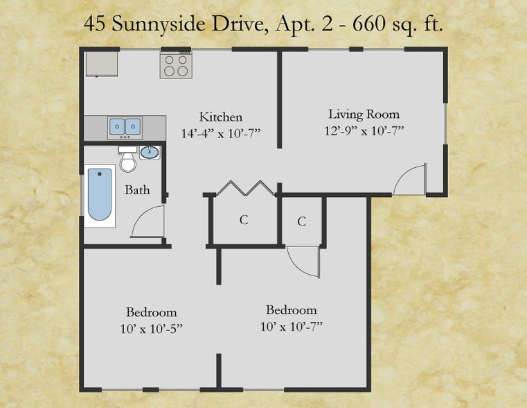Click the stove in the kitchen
pyautogui.click(x=176, y=65)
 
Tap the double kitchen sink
pyautogui.click(x=125, y=127)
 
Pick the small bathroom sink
pyautogui.click(x=149, y=152)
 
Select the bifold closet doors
pyautogui.click(x=243, y=188)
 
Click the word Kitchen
pyautogui.click(x=220, y=117)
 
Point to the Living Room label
pyautogui.click(x=364, y=114)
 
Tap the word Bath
pyautogui.click(x=137, y=189)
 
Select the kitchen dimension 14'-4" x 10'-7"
pyautogui.click(x=220, y=134)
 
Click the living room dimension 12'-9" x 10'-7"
pyautogui.click(x=364, y=130)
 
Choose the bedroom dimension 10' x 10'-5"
pyautogui.click(x=151, y=328)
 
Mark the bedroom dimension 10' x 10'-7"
pyautogui.click(x=291, y=326)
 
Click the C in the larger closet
pyautogui.click(x=244, y=221)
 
